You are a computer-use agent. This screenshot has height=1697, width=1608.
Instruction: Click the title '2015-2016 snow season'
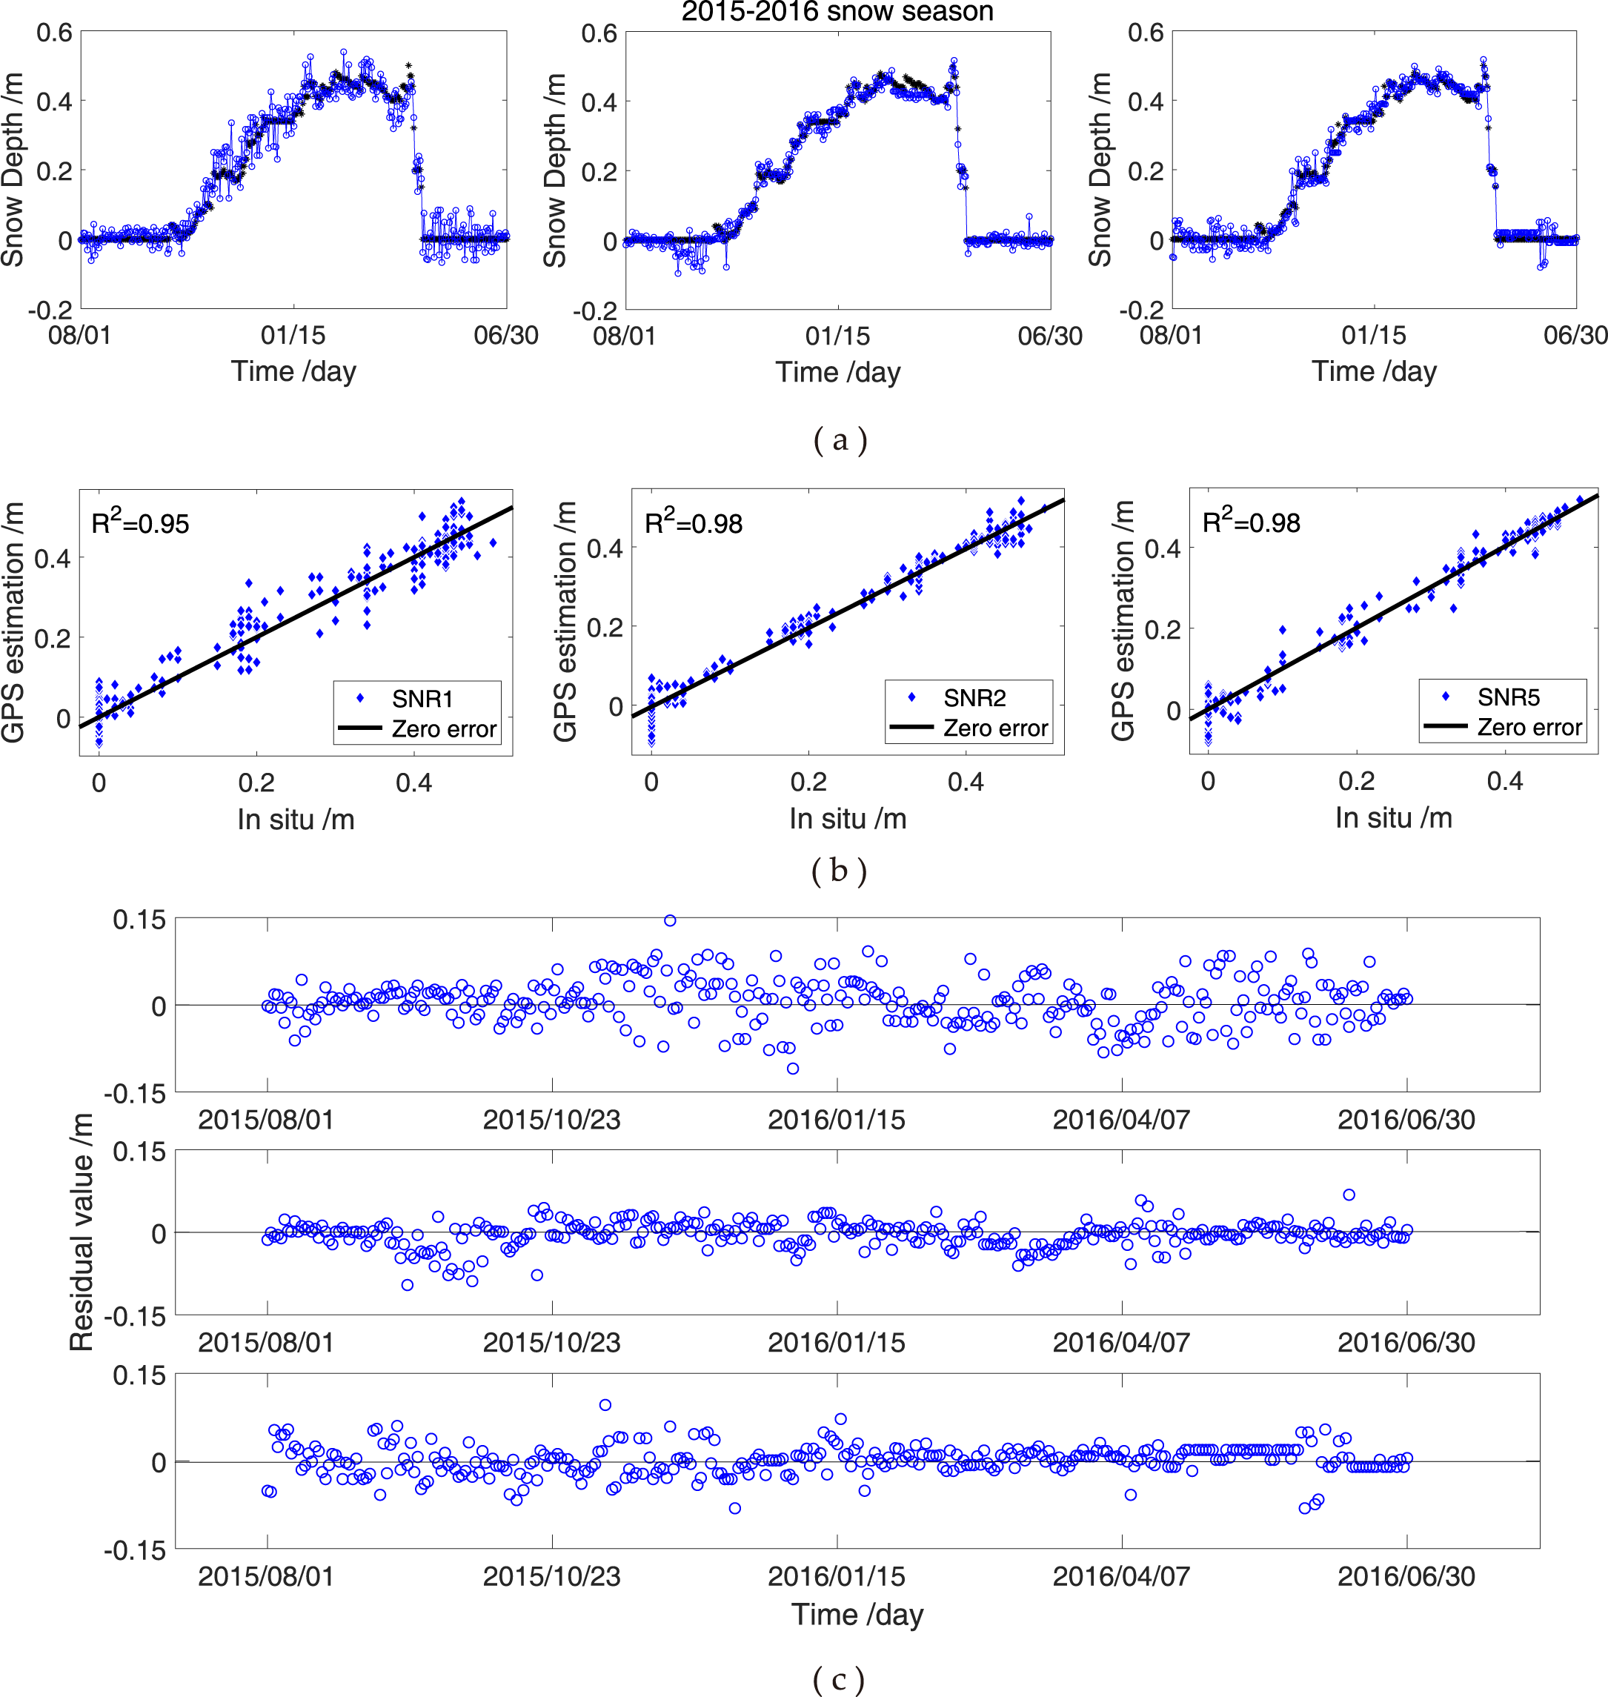[837, 12]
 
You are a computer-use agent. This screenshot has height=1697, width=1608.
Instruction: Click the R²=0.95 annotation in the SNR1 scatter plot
[140, 522]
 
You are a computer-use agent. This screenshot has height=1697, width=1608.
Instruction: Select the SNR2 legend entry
[974, 697]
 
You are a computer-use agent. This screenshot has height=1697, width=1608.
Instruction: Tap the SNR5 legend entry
[1508, 697]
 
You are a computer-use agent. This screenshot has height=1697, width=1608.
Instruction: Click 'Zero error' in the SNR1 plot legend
[443, 728]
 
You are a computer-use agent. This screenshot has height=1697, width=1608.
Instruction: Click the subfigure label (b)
[838, 871]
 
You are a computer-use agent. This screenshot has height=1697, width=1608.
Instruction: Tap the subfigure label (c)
[837, 1678]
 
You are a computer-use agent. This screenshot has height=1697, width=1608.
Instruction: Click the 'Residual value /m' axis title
[82, 1232]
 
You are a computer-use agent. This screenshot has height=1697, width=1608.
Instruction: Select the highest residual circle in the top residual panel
[671, 920]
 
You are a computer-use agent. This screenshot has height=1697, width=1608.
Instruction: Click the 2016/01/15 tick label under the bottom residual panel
[836, 1576]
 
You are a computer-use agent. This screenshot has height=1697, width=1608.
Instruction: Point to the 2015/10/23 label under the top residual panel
[551, 1119]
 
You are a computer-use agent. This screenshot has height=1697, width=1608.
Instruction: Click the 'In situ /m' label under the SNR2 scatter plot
[847, 819]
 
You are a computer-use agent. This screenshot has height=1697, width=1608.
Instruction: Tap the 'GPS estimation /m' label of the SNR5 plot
[1122, 620]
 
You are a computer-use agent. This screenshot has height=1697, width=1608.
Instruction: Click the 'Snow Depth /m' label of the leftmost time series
[12, 169]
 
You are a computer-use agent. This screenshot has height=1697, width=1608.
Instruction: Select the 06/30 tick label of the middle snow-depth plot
[1049, 336]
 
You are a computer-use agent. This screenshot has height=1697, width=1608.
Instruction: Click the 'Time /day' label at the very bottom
[857, 1615]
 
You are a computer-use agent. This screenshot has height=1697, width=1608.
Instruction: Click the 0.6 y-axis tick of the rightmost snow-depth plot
[1145, 33]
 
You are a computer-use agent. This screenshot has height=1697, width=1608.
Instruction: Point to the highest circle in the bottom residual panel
[605, 1405]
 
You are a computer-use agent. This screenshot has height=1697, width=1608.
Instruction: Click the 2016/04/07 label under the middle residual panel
[1121, 1342]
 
